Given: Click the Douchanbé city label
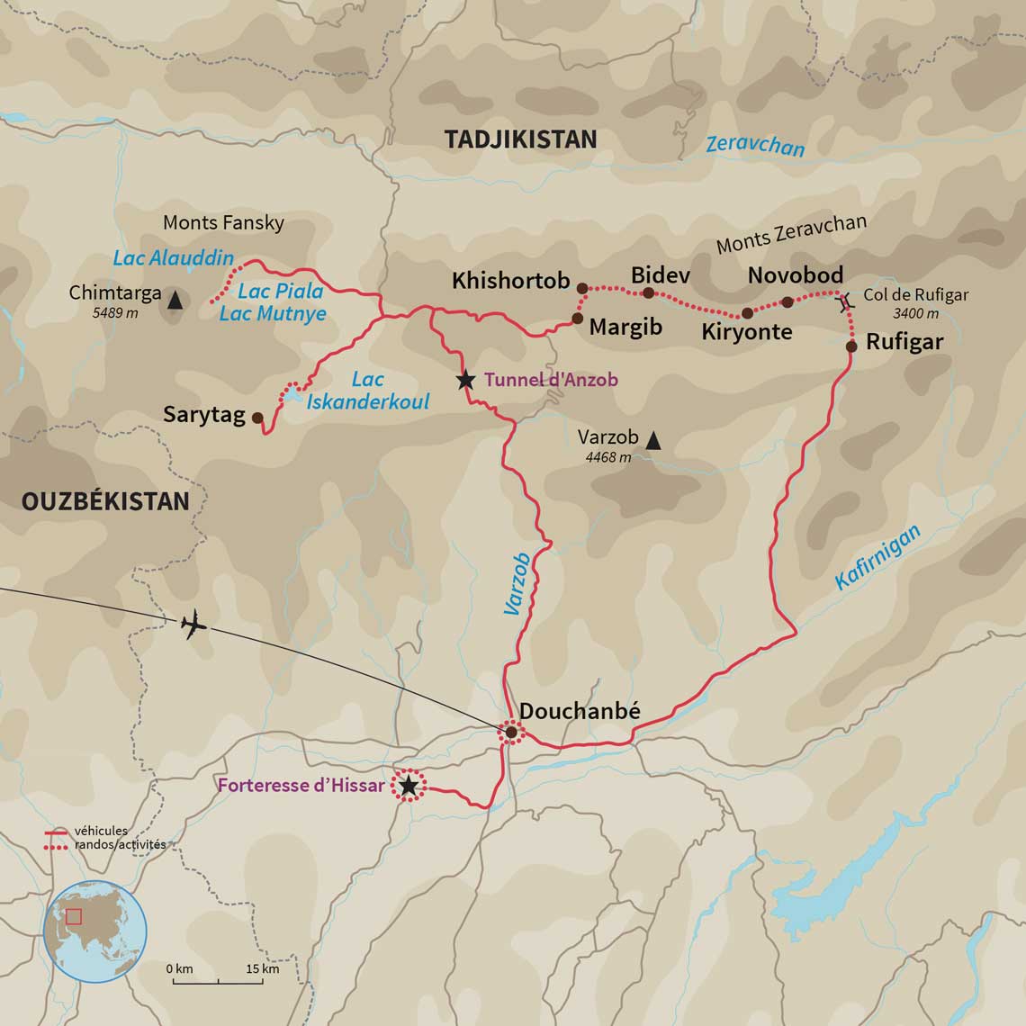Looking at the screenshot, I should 580,711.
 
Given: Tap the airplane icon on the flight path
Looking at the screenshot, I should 193,624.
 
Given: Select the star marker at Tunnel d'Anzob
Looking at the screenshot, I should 465,381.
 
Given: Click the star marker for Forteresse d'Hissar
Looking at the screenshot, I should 409,787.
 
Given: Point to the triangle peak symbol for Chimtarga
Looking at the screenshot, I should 175,300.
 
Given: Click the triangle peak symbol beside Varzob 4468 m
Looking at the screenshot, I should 653,440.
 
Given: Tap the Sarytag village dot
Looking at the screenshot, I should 257,418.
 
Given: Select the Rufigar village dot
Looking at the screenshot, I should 851,346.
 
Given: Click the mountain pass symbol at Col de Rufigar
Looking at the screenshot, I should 844,303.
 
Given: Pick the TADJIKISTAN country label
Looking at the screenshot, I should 520,139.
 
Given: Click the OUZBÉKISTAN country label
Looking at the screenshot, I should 105,501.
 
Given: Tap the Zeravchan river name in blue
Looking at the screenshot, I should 755,145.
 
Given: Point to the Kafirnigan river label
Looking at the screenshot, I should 877,558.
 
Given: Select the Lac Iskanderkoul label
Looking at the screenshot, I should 368,391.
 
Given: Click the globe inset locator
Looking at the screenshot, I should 95,931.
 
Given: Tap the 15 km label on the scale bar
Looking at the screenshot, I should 263,969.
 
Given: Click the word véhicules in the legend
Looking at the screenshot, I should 101,831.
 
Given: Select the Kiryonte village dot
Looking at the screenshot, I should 747,313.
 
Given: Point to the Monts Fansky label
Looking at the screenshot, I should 223,222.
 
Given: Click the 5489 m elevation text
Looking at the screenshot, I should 115,313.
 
